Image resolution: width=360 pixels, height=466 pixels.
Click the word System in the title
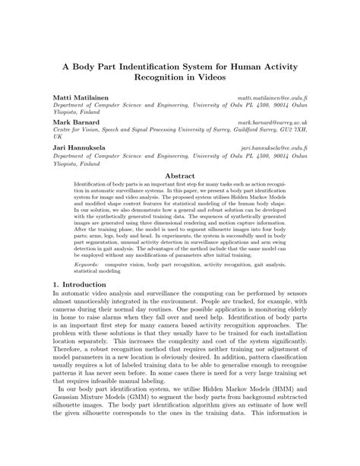188,67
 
